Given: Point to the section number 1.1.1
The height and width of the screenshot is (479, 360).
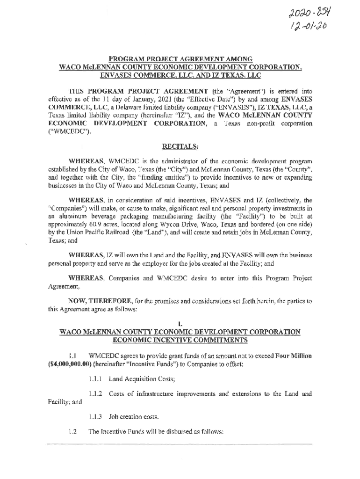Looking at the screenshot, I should point(96,378).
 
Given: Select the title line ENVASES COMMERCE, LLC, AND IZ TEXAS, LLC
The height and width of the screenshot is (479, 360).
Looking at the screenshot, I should point(180,75).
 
